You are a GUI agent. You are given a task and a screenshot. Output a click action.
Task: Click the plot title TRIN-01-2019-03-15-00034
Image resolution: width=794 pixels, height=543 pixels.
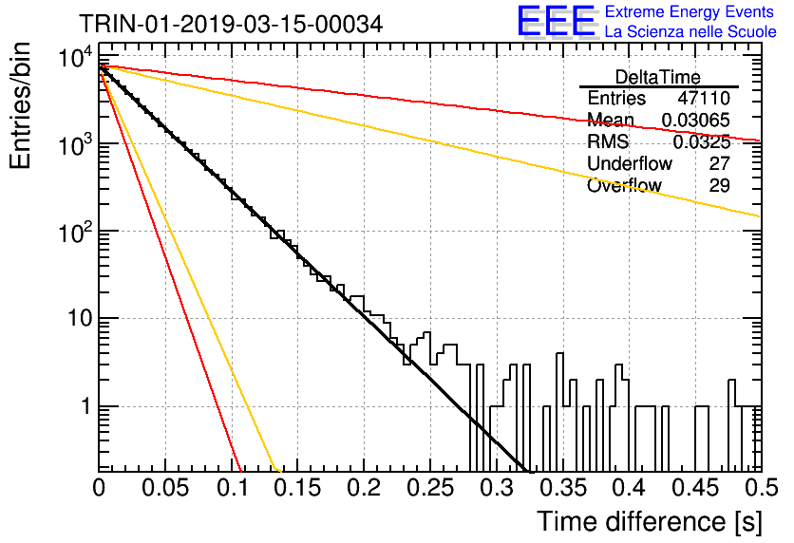click(x=231, y=24)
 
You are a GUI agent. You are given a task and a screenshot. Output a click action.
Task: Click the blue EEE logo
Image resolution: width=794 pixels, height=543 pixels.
click(x=556, y=21)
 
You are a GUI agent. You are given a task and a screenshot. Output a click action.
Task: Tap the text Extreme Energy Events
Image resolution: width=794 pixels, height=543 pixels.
click(x=690, y=11)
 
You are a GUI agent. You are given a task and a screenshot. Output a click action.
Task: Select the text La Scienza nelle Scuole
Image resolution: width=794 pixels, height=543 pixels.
click(x=690, y=31)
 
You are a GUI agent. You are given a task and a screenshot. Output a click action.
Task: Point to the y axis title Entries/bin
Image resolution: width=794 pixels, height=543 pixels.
click(x=20, y=105)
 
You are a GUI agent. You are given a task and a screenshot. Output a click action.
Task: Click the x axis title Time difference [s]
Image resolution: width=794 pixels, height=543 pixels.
click(x=650, y=521)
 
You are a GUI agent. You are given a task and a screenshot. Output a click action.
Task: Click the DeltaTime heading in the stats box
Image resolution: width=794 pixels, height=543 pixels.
click(x=658, y=77)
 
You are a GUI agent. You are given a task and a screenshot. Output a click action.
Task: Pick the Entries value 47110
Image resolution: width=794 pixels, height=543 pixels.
click(x=704, y=98)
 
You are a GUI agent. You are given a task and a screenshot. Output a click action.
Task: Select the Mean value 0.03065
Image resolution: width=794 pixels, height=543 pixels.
click(x=696, y=120)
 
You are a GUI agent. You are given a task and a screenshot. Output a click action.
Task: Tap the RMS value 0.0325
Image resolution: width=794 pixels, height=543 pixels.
click(x=701, y=142)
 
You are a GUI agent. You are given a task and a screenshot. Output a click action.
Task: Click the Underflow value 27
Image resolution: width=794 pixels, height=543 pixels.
click(x=719, y=163)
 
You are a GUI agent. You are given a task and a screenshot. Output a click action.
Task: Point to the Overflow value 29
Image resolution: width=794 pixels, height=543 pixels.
click(x=719, y=185)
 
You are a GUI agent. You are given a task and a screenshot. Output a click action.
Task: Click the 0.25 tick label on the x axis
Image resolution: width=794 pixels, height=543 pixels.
click(x=430, y=488)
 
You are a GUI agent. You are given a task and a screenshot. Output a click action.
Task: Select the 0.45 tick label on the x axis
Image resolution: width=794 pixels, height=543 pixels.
click(x=695, y=488)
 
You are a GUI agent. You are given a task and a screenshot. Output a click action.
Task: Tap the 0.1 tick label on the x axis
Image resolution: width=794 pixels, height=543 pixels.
click(x=234, y=488)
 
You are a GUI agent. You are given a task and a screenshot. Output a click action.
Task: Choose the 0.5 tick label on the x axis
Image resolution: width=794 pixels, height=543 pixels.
click(x=761, y=488)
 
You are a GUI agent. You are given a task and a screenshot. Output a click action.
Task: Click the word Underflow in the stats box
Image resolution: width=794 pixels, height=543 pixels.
click(x=630, y=163)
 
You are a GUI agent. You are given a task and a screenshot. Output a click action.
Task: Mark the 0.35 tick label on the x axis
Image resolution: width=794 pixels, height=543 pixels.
click(x=563, y=488)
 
